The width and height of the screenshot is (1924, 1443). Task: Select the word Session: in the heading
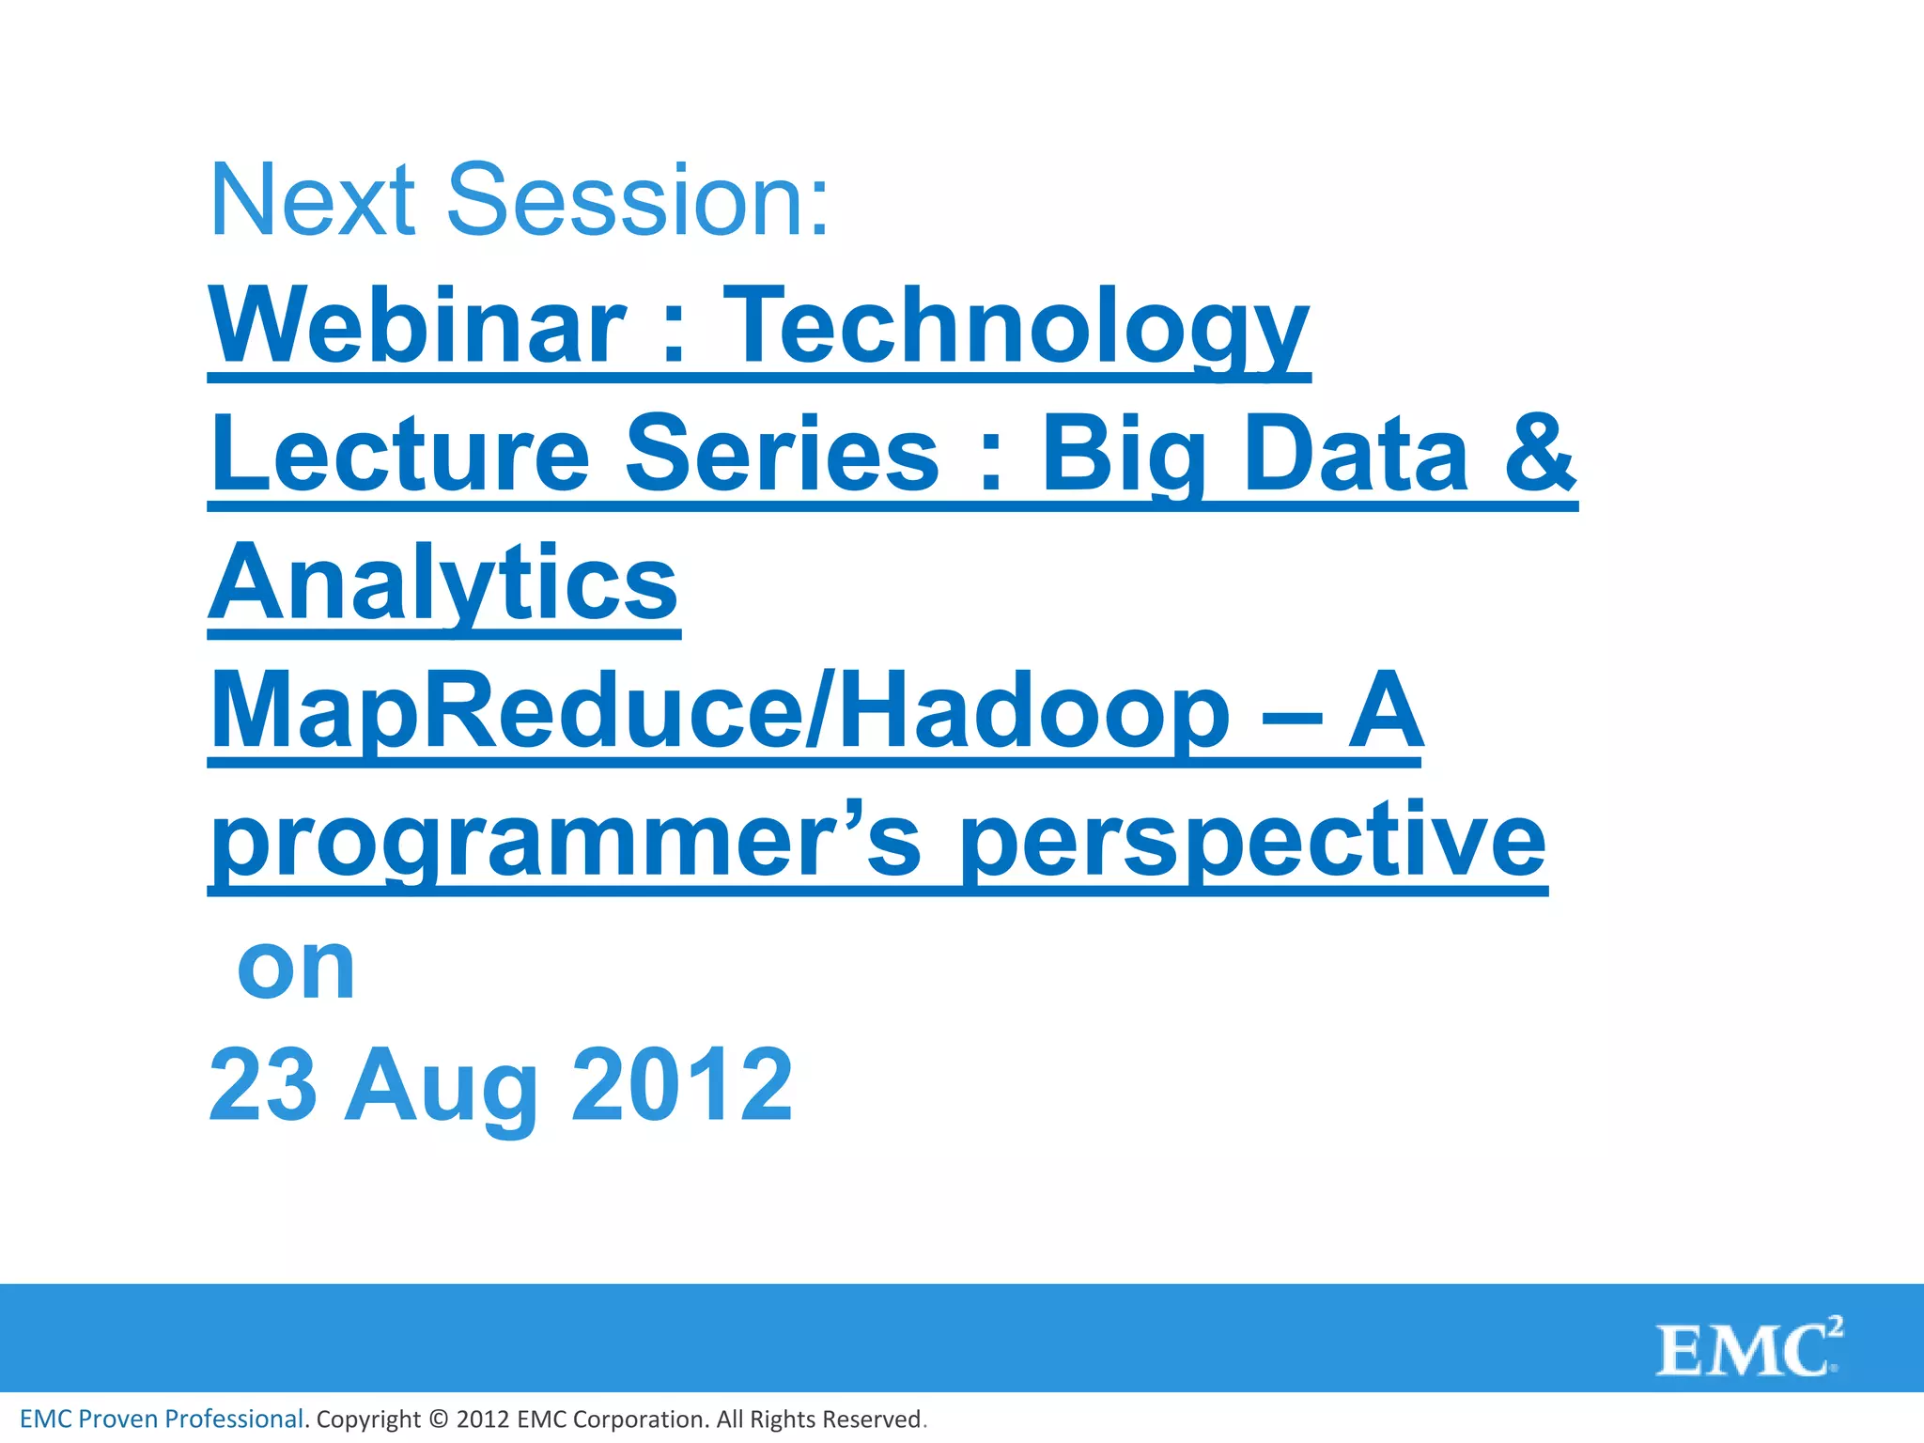click(x=638, y=200)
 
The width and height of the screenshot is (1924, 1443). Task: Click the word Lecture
click(x=400, y=455)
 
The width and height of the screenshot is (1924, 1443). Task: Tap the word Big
click(x=1124, y=455)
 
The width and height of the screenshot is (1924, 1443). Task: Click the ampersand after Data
click(x=1539, y=455)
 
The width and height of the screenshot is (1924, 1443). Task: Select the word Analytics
click(x=443, y=583)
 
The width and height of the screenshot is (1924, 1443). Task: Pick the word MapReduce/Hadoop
click(x=720, y=712)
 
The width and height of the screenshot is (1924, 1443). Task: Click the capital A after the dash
click(x=1385, y=712)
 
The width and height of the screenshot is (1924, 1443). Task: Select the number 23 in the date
click(x=262, y=1086)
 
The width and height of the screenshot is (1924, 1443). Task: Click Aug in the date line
click(x=442, y=1086)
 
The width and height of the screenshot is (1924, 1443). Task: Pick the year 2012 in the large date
click(x=682, y=1086)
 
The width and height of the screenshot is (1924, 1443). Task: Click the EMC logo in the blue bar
click(x=1747, y=1349)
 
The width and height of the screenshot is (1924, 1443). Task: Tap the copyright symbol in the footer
click(x=439, y=1420)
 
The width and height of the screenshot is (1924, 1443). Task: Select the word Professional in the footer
click(x=234, y=1420)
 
